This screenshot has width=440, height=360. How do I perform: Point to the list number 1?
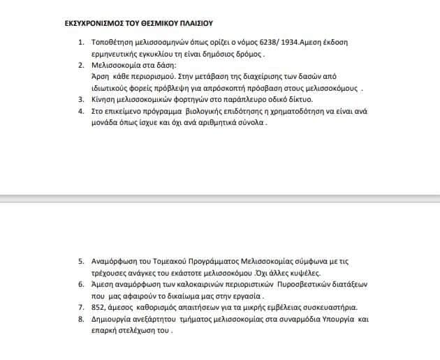(81, 43)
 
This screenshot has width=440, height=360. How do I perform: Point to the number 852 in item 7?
(100, 308)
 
